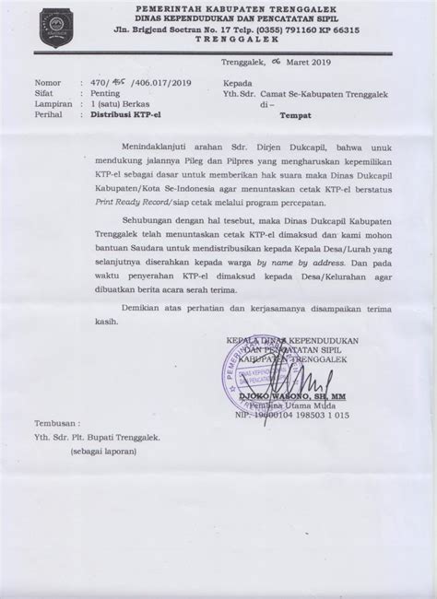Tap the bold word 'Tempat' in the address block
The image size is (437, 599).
click(298, 116)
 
